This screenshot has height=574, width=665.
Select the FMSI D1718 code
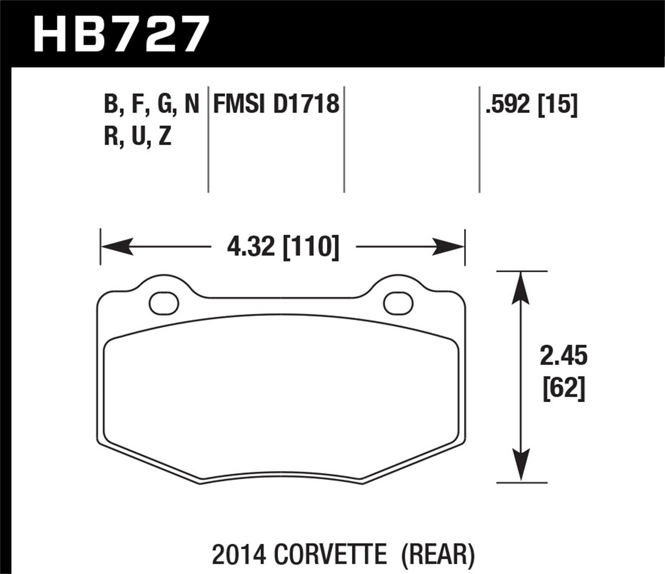click(276, 105)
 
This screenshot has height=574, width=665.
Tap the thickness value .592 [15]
click(532, 105)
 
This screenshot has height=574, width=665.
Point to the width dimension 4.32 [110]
click(283, 247)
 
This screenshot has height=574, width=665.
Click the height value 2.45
click(563, 357)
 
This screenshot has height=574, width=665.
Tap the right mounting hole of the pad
click(398, 303)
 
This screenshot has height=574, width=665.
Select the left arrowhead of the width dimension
click(117, 246)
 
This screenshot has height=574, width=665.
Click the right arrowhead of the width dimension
click(448, 246)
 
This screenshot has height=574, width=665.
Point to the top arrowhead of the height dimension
click(521, 288)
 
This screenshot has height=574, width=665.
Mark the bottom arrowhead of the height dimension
click(521, 465)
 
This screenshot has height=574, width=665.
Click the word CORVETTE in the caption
click(331, 554)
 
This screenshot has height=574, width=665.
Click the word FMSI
click(239, 105)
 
